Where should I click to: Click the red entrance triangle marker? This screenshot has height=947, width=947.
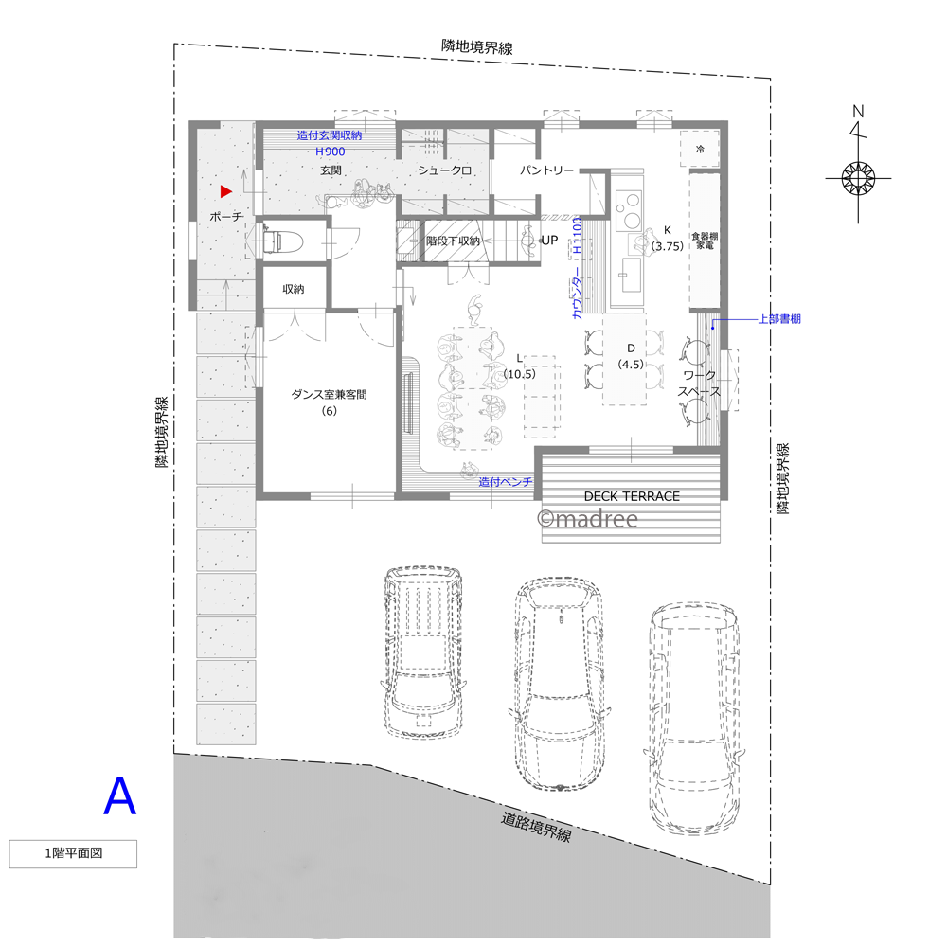pyautogui.click(x=226, y=191)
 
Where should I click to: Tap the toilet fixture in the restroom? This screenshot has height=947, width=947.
pyautogui.click(x=274, y=241)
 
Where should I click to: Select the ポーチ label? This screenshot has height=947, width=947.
pyautogui.click(x=226, y=216)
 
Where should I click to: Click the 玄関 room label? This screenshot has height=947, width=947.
pyautogui.click(x=331, y=170)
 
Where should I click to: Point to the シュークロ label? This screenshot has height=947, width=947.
pyautogui.click(x=444, y=170)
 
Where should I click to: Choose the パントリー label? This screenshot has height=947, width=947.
pyautogui.click(x=546, y=170)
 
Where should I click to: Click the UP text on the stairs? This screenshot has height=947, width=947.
pyautogui.click(x=549, y=240)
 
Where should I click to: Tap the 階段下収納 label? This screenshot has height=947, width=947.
pyautogui.click(x=453, y=241)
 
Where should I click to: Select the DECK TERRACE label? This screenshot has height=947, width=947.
pyautogui.click(x=632, y=496)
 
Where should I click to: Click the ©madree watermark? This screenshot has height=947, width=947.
pyautogui.click(x=588, y=519)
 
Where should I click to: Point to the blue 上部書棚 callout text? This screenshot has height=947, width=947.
pyautogui.click(x=779, y=318)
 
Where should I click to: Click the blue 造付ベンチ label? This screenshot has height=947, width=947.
pyautogui.click(x=506, y=482)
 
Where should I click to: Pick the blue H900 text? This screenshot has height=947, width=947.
pyautogui.click(x=331, y=152)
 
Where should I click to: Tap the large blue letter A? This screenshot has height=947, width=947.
pyautogui.click(x=119, y=796)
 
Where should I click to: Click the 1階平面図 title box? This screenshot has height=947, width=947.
pyautogui.click(x=73, y=853)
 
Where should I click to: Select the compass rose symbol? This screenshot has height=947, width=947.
pyautogui.click(x=858, y=178)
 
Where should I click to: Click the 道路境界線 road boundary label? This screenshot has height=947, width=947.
pyautogui.click(x=536, y=827)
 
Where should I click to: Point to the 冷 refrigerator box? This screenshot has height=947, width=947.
pyautogui.click(x=700, y=149)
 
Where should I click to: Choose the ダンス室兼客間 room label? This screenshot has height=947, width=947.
pyautogui.click(x=330, y=394)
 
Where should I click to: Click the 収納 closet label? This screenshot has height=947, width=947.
pyautogui.click(x=294, y=289)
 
